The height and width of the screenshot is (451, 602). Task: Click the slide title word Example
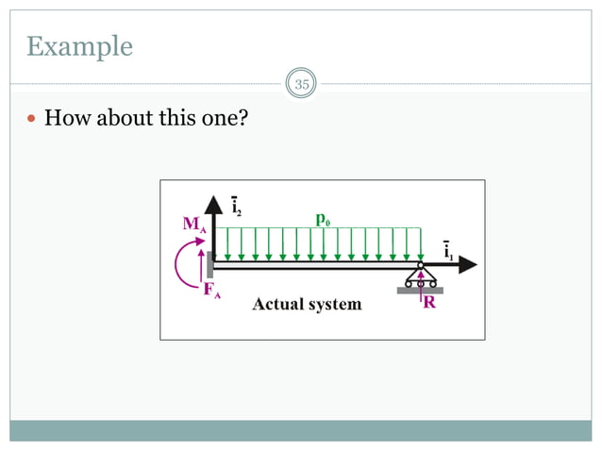79,46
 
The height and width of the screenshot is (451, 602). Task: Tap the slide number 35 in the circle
302,85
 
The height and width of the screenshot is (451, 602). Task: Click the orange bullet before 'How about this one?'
32,120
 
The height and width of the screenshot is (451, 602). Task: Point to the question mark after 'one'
243,119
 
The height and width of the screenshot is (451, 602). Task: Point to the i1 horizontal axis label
450,249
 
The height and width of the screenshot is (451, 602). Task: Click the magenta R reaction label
428,304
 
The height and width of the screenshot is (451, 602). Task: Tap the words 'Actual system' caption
306,304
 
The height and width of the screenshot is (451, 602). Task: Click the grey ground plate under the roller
420,291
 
